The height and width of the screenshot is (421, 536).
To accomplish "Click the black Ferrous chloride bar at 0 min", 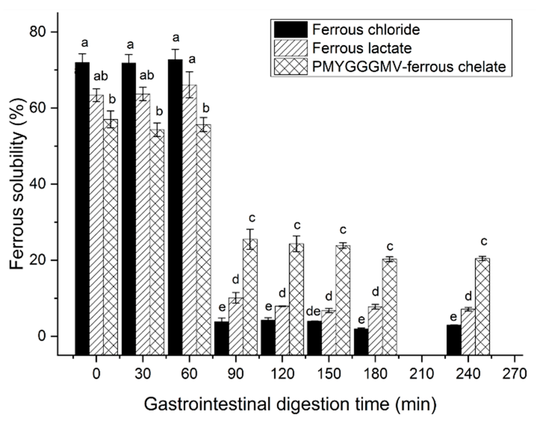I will [82, 208].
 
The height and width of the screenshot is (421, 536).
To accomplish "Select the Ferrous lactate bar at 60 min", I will [189, 219].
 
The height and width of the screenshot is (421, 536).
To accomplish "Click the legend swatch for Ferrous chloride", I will [291, 30].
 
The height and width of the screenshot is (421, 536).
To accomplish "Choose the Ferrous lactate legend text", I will [362, 48].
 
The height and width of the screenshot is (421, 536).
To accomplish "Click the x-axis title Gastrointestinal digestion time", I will [290, 404].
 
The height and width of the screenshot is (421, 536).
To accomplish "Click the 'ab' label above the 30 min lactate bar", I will [147, 76].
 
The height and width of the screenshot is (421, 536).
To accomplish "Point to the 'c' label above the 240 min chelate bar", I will [484, 241].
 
